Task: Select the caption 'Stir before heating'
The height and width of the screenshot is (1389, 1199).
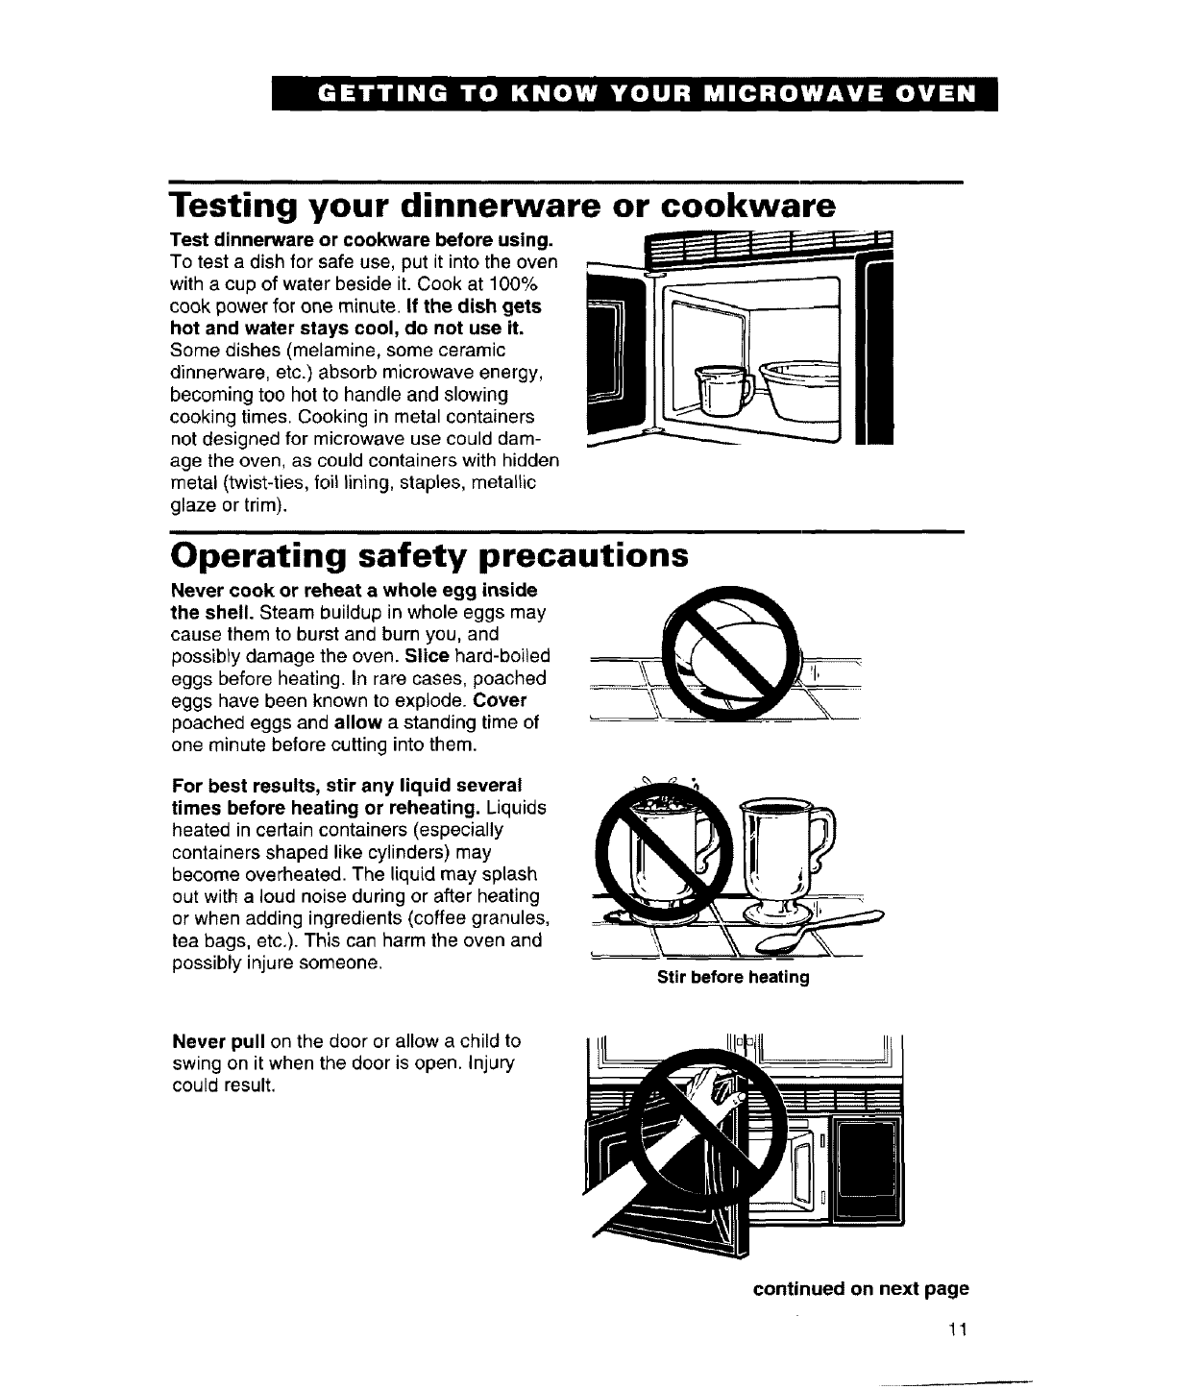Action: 733,978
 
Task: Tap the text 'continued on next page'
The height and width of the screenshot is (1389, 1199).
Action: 860,1288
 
